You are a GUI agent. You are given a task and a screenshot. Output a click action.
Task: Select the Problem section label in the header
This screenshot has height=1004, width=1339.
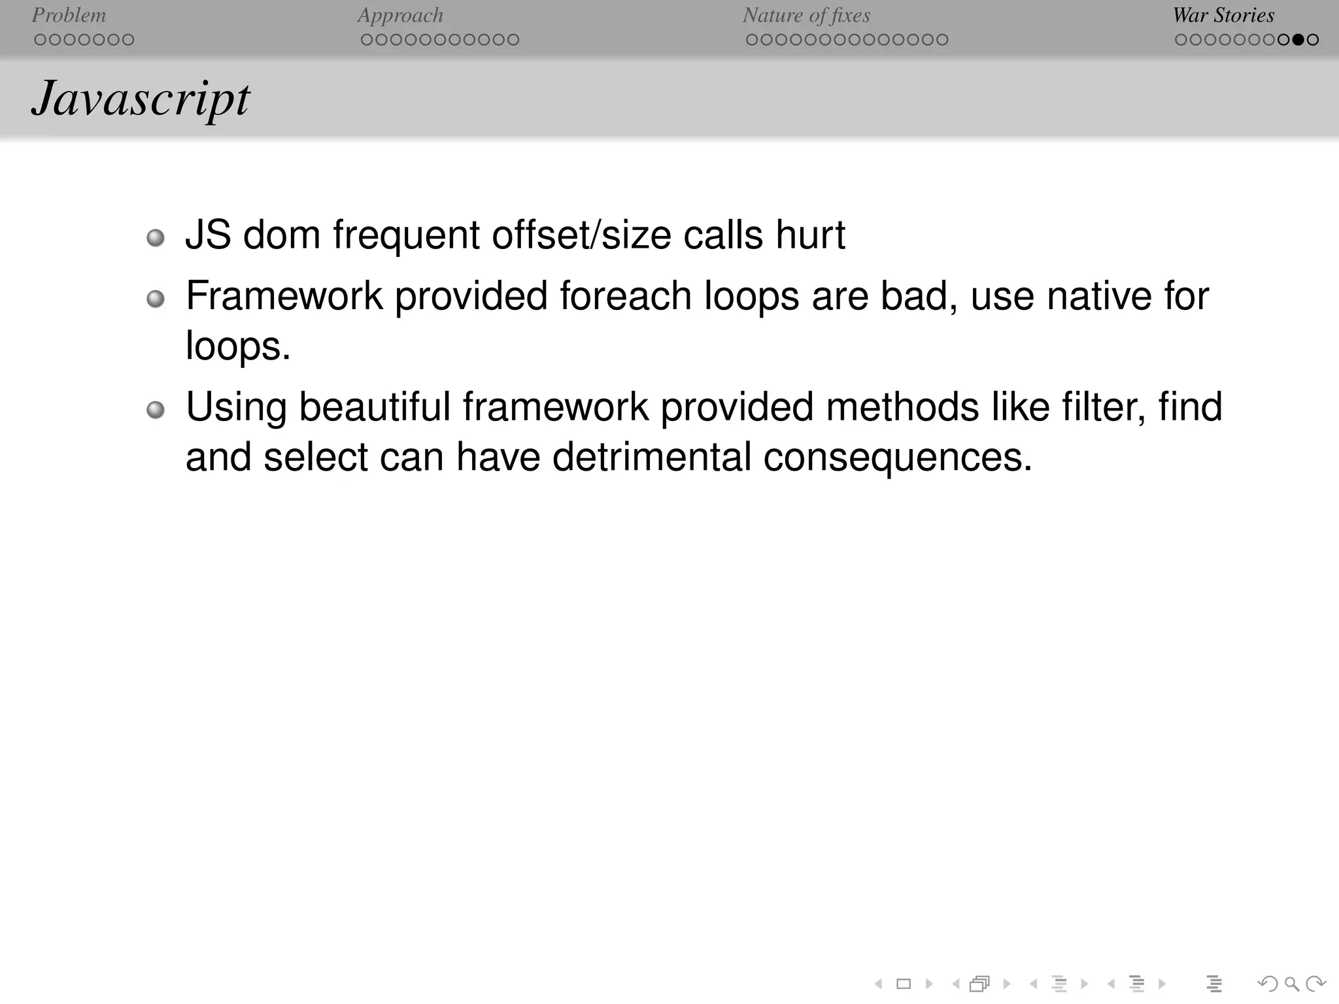pyautogui.click(x=69, y=15)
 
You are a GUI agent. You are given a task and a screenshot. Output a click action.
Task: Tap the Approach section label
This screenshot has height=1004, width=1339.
pyautogui.click(x=400, y=15)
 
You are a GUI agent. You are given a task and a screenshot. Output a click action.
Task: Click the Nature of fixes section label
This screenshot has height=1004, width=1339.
pyautogui.click(x=806, y=15)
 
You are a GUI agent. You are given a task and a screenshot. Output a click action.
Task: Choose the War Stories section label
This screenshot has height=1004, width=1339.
pyautogui.click(x=1223, y=15)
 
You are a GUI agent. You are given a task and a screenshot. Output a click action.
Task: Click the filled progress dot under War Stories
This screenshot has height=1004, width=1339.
pyautogui.click(x=1298, y=40)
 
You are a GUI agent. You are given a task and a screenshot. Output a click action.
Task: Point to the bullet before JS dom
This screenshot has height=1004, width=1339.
pyautogui.click(x=155, y=237)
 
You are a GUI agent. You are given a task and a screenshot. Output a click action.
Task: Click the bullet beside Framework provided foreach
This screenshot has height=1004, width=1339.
pyautogui.click(x=155, y=299)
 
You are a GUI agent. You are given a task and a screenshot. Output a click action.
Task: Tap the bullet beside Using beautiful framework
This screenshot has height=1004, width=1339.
pyautogui.click(x=155, y=410)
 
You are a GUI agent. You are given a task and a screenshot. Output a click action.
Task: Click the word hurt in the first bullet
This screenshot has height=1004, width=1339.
pyautogui.click(x=810, y=235)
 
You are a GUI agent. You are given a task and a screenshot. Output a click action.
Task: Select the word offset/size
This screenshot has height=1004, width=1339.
pyautogui.click(x=581, y=235)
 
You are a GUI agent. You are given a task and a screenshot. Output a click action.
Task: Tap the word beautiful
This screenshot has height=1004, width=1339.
pyautogui.click(x=375, y=407)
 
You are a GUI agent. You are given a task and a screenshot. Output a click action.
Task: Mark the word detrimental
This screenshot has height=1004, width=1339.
pyautogui.click(x=652, y=456)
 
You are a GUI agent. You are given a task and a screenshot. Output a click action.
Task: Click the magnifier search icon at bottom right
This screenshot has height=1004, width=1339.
pyautogui.click(x=1291, y=984)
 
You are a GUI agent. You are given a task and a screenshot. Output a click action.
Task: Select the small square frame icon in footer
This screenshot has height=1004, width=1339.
pyautogui.click(x=904, y=984)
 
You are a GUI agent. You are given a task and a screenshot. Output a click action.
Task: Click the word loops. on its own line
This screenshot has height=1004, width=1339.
pyautogui.click(x=238, y=346)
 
